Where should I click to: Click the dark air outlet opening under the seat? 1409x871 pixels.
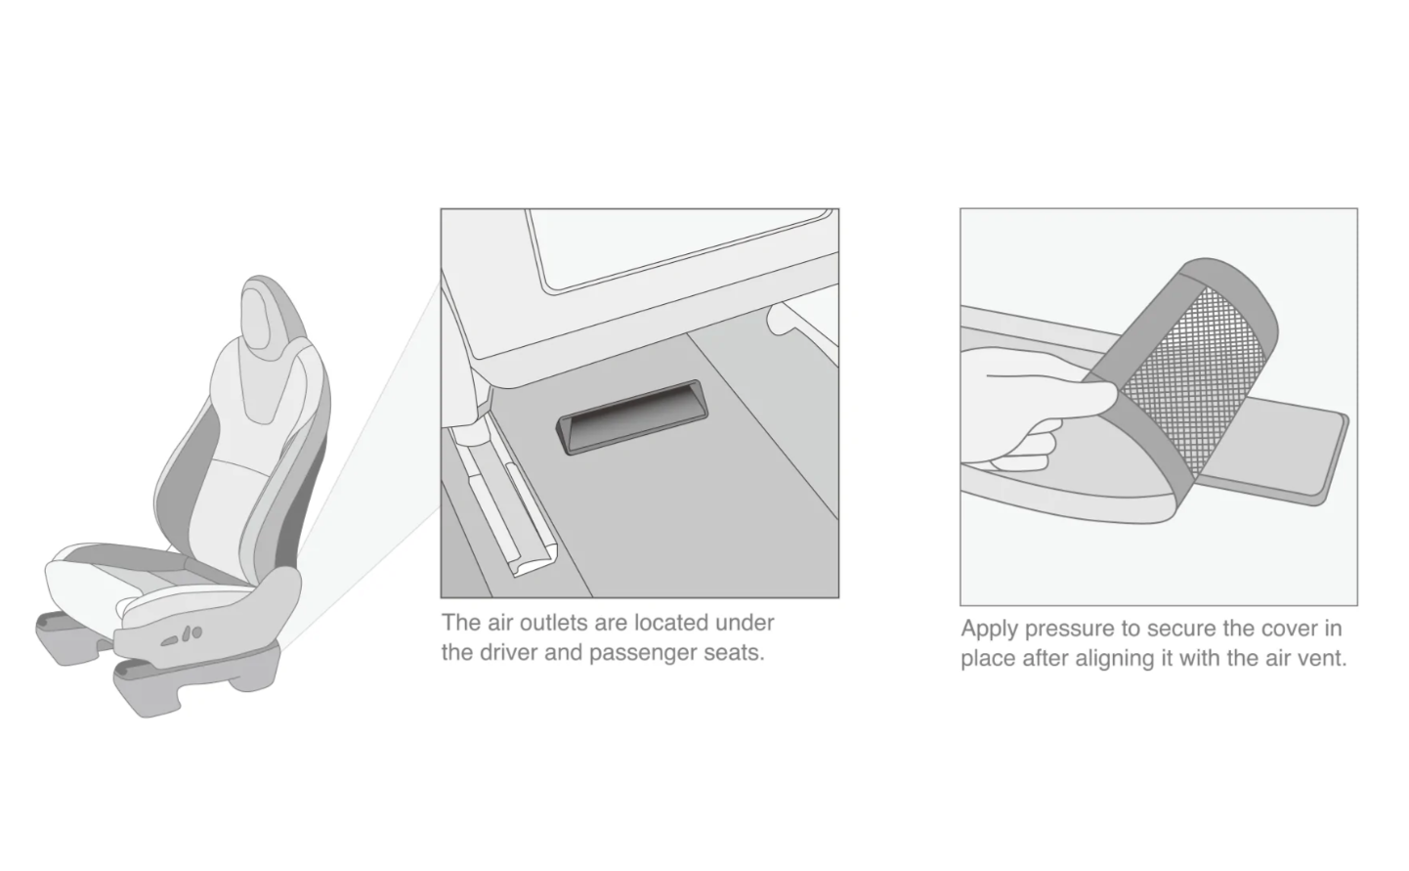pos(631,416)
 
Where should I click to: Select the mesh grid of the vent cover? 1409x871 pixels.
pos(1192,377)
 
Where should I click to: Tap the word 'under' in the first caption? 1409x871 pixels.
pos(745,623)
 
